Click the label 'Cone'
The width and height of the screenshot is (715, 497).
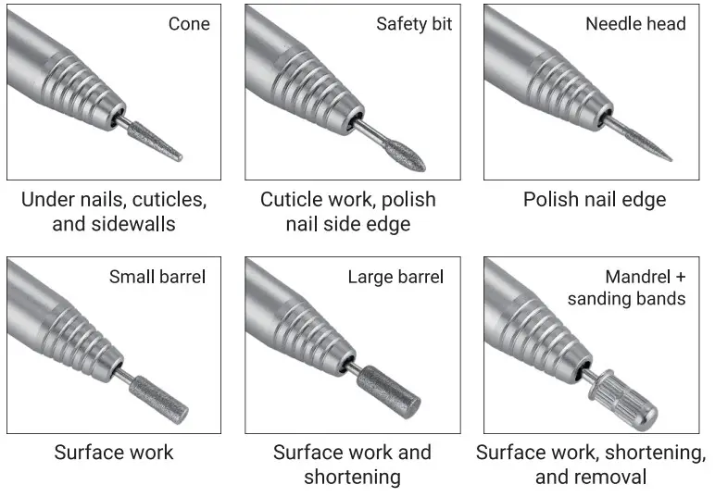coord(189,24)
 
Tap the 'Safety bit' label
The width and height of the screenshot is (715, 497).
coord(414,24)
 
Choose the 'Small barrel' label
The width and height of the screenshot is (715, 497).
coord(157,277)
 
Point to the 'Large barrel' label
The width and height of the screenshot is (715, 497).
coord(395,277)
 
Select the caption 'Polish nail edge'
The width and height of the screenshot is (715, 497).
coord(594,200)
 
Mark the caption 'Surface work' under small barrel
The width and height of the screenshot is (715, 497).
coord(113,453)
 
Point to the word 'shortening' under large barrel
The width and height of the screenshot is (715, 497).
coord(352,477)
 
